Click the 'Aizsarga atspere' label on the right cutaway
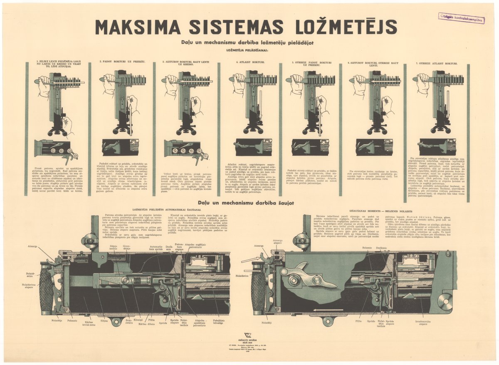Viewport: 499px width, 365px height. pos(277,242)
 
